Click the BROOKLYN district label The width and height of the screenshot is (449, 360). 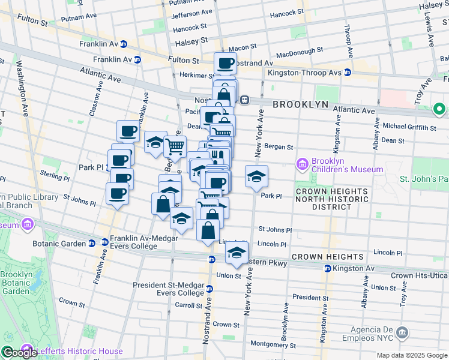(x=301, y=104)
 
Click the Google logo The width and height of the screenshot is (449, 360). (x=19, y=353)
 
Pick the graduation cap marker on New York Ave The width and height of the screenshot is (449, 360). (x=256, y=176)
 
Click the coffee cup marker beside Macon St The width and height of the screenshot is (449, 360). (x=226, y=62)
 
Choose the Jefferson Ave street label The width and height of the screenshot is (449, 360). (x=191, y=13)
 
